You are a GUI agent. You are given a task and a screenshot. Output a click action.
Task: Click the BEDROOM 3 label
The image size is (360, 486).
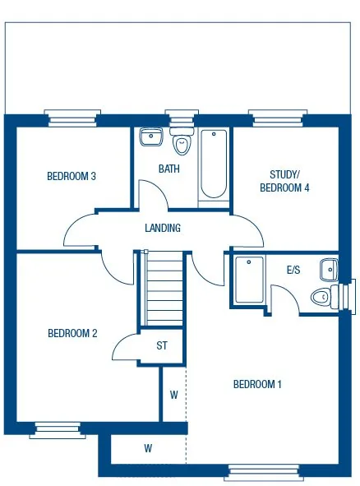pos(72,176)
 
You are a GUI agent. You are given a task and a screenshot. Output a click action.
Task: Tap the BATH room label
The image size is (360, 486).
pos(169,169)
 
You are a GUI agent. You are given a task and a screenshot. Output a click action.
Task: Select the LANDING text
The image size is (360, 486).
pos(162,228)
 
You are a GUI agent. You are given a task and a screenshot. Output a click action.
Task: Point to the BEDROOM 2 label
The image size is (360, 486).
pos(72,333)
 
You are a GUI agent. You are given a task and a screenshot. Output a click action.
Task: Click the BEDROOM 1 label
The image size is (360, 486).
pos(257,384)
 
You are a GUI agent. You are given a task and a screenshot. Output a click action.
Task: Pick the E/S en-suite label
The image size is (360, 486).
pos(293,270)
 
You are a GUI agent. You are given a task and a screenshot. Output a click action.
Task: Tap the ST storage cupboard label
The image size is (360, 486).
pos(162,345)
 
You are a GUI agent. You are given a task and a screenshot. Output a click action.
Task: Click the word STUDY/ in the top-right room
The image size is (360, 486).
pos(284,174)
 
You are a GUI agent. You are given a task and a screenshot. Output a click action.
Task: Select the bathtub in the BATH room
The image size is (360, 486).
pos(214,164)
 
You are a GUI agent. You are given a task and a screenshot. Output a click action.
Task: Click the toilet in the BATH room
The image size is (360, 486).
pos(182,143)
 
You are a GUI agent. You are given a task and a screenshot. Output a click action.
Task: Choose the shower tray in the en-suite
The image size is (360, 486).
pos(248,280)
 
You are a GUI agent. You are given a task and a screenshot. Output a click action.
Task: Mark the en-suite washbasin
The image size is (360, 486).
pos(329,268)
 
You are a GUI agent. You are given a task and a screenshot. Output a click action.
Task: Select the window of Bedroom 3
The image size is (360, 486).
pos(73,119)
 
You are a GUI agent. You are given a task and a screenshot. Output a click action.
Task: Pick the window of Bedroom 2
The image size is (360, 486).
pos(58,428)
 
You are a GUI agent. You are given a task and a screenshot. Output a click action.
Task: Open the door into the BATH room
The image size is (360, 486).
pos(151,194)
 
